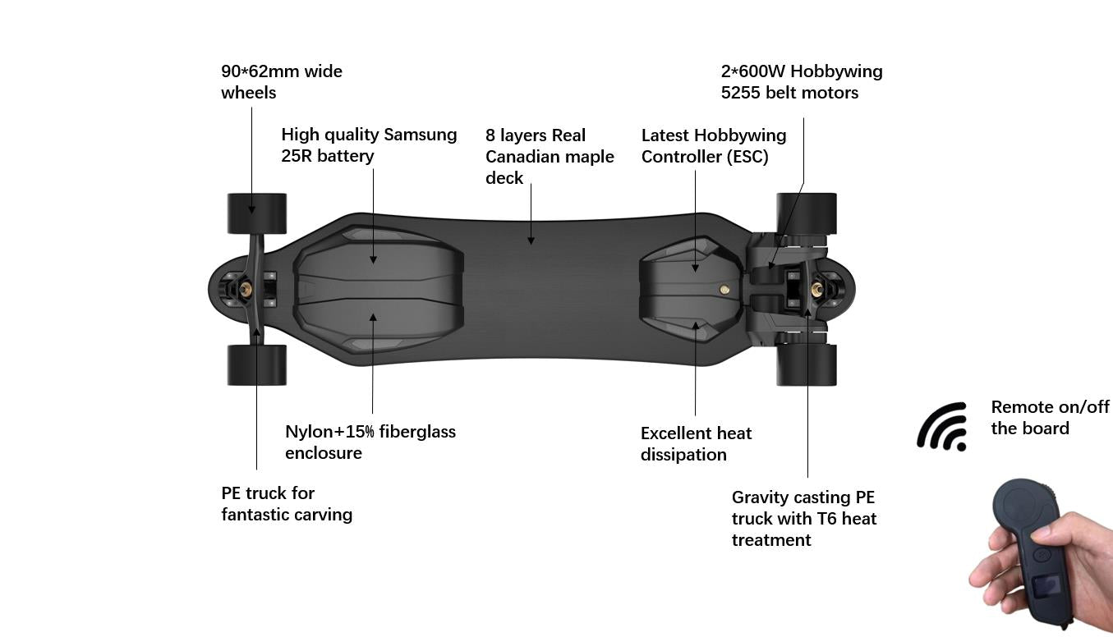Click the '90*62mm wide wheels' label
pyautogui.click(x=282, y=82)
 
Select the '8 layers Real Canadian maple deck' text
pyautogui.click(x=549, y=156)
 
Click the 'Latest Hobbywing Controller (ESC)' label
pyautogui.click(x=713, y=145)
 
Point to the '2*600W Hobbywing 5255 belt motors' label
pyautogui.click(x=801, y=82)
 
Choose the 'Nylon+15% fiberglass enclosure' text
pyautogui.click(x=370, y=442)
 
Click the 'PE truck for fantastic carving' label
pyautogui.click(x=286, y=503)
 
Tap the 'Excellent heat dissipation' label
pyautogui.click(x=696, y=443)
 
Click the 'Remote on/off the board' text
pyautogui.click(x=1049, y=417)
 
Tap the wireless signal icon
pyautogui.click(x=942, y=427)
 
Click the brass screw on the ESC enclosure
pyautogui.click(x=724, y=289)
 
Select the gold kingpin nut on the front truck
pyautogui.click(x=245, y=289)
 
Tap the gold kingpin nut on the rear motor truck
pyautogui.click(x=817, y=289)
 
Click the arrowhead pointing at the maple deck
pyautogui.click(x=531, y=240)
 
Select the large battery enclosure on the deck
pyautogui.click(x=379, y=289)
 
